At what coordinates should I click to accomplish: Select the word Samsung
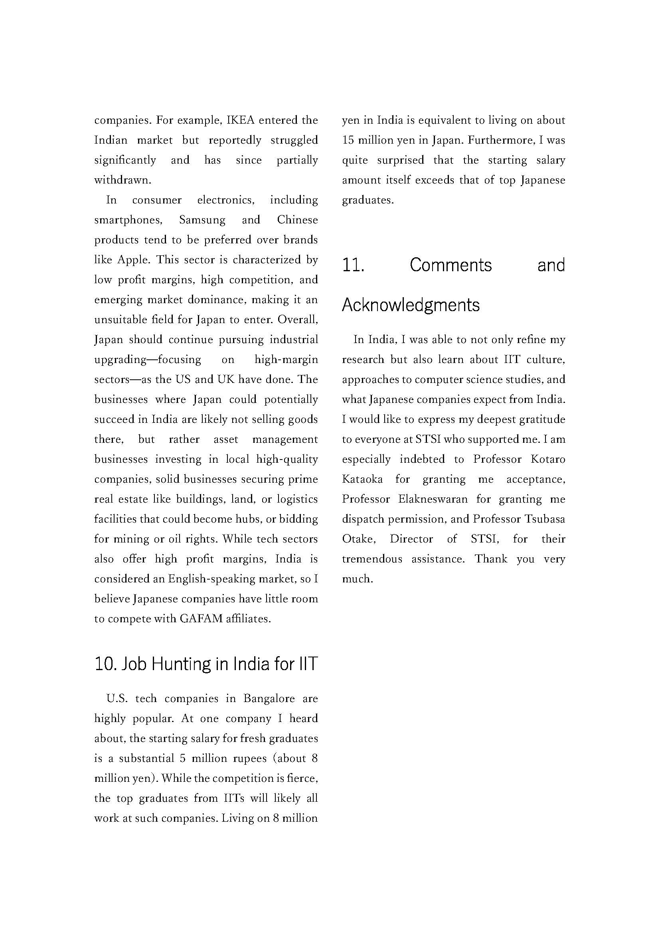202,220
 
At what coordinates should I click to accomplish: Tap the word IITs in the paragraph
234,798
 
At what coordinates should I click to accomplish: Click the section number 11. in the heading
353,265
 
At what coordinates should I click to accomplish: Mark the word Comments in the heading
451,265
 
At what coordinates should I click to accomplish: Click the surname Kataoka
362,479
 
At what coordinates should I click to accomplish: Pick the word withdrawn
123,180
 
